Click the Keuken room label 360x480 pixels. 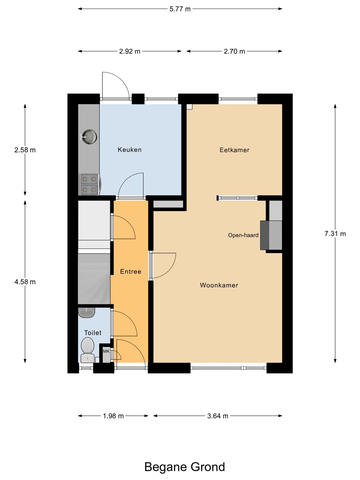[130, 150]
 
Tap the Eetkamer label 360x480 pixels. [234, 150]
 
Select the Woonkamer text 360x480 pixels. [219, 285]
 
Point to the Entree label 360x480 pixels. [131, 272]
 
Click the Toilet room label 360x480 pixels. [93, 333]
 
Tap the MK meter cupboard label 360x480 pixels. [106, 351]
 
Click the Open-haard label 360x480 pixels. [243, 235]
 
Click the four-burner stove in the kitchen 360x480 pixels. [89, 184]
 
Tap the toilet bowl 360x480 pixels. [88, 350]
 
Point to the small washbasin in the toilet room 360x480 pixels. [87, 312]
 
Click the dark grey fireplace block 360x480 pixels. [264, 235]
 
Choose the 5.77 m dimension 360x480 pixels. [180, 9]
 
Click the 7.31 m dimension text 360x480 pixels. [335, 234]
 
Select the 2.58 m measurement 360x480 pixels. [25, 150]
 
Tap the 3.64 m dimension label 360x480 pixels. [218, 416]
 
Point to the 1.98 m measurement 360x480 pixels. [113, 416]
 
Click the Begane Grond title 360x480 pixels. [184, 467]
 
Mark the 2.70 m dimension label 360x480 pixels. [234, 51]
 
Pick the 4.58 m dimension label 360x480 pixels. [25, 282]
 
